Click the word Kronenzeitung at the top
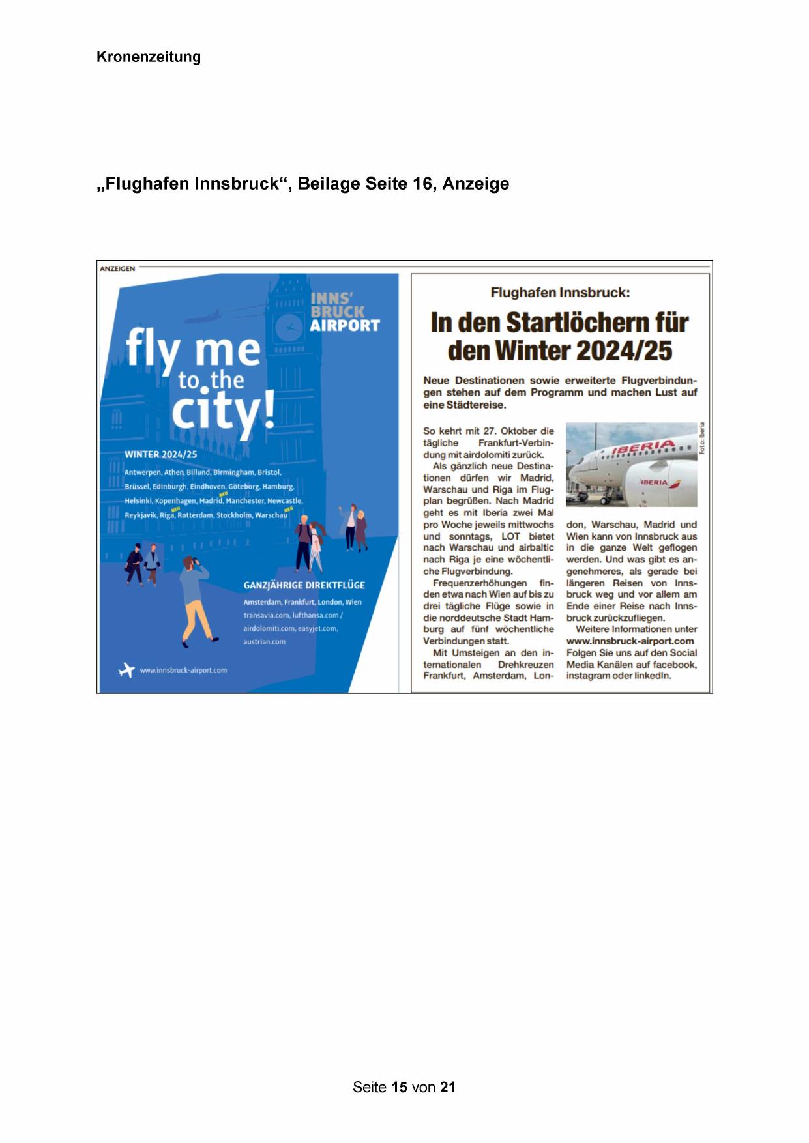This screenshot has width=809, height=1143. pyautogui.click(x=149, y=57)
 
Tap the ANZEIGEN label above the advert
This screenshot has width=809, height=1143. pyautogui.click(x=118, y=268)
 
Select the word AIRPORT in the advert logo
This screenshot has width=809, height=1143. pyautogui.click(x=344, y=325)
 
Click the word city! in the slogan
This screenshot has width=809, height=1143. pyautogui.click(x=222, y=412)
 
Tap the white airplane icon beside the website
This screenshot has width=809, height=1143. pyautogui.click(x=126, y=669)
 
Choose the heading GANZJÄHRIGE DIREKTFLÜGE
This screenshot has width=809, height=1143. pyautogui.click(x=304, y=585)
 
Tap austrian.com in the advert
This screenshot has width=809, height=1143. pyautogui.click(x=264, y=642)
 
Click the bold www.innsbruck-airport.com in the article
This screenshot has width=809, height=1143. pyautogui.click(x=630, y=641)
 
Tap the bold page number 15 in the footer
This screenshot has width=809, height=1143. pyautogui.click(x=400, y=1087)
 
